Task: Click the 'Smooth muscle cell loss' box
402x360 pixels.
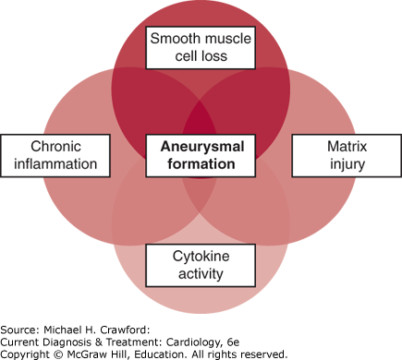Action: (x=201, y=48)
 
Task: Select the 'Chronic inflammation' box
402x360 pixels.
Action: (x=55, y=155)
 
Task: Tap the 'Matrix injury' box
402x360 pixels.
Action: (x=347, y=155)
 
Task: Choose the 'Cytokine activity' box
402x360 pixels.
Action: (x=201, y=265)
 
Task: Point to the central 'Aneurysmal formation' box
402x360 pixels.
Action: (x=201, y=155)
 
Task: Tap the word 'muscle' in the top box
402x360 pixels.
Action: (x=227, y=39)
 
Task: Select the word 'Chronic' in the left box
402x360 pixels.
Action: (x=55, y=147)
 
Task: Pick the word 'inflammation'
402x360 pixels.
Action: (x=55, y=164)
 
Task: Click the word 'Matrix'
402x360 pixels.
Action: (x=347, y=147)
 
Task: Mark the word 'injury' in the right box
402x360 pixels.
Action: (x=347, y=165)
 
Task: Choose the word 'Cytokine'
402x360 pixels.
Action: (x=201, y=257)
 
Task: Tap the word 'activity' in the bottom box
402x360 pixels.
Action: (x=201, y=274)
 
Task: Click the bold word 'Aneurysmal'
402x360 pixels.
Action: (x=202, y=147)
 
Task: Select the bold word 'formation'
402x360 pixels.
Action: (x=201, y=164)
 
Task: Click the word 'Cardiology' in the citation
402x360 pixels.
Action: (x=193, y=342)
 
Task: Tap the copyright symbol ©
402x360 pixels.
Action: (x=58, y=354)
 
